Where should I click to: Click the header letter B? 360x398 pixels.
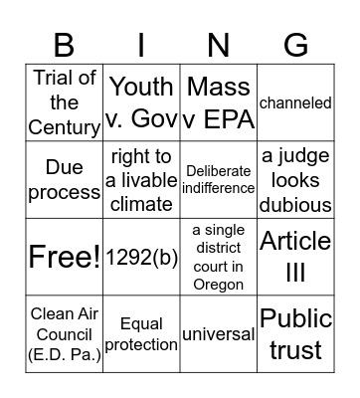coord(64,44)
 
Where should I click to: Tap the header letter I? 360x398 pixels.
coord(141,44)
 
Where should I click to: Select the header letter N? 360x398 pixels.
coord(219,44)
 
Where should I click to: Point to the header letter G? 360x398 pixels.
coord(295,44)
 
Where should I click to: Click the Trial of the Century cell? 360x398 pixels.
coord(65,102)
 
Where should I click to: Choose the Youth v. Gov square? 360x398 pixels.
coord(141,102)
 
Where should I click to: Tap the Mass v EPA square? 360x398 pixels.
coord(219,102)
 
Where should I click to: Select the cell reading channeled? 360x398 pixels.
coord(295,102)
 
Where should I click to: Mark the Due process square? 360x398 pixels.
coord(65,180)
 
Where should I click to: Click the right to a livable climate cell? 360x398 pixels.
coord(141,180)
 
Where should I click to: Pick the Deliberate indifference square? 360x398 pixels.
coord(219,180)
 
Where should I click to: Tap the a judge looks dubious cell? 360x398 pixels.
coord(295,180)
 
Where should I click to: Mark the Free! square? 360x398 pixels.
coord(65,257)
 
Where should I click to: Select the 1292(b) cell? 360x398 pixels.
coord(141,257)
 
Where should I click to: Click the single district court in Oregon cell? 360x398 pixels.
coord(219,257)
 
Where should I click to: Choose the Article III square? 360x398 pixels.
coord(295,257)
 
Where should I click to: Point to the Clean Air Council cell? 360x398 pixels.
coord(65,333)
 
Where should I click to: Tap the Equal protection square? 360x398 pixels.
coord(141,333)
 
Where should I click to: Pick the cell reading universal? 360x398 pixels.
coord(219,333)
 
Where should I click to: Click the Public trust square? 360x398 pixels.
coord(295,333)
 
